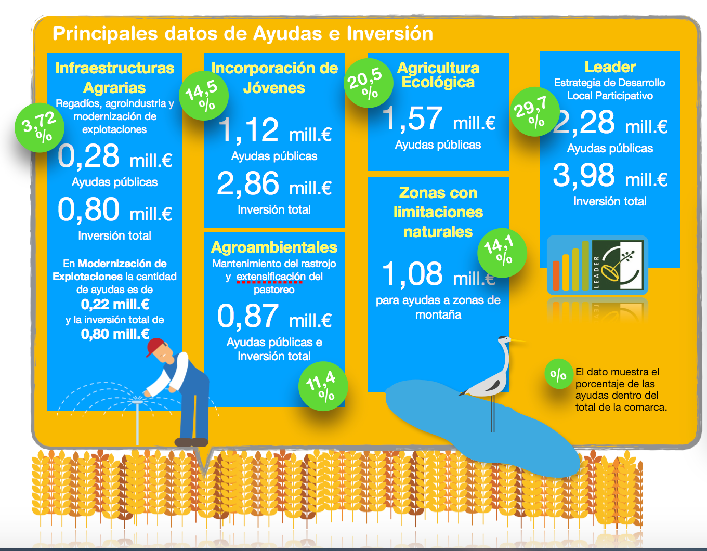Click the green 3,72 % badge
tap(40, 127)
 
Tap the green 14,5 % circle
tap(204, 96)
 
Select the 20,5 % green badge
tap(369, 83)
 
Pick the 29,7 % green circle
tap(535, 112)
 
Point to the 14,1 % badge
tap(502, 253)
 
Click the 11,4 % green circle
tap(323, 386)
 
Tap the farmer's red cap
tap(155, 347)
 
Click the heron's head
tap(505, 340)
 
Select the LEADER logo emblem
tap(617, 265)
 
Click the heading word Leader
tap(610, 67)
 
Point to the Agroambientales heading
tap(274, 247)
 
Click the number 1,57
tap(412, 119)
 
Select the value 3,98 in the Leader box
tap(584, 175)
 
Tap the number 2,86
tap(248, 184)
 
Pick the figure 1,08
tap(412, 274)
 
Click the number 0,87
tap(248, 316)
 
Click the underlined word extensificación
tap(271, 277)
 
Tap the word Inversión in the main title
tap(390, 33)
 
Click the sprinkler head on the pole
tap(137, 402)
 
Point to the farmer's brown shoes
tap(191, 442)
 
